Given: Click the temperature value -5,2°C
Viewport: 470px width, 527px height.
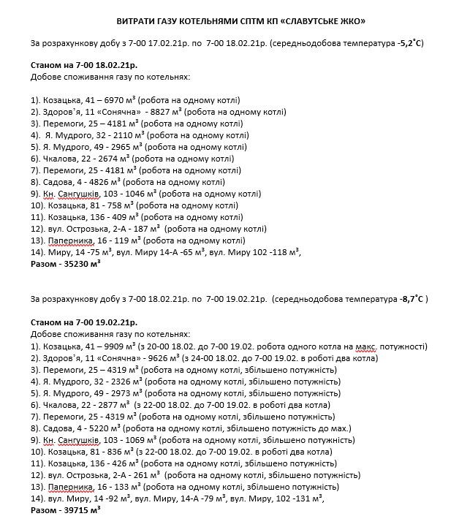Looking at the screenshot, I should pyautogui.click(x=410, y=44).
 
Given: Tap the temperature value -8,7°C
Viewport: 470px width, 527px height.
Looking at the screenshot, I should pyautogui.click(x=414, y=300).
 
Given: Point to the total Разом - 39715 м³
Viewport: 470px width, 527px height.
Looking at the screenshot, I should pyautogui.click(x=65, y=511).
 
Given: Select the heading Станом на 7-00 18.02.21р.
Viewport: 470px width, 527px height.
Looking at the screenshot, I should pyautogui.click(x=85, y=65).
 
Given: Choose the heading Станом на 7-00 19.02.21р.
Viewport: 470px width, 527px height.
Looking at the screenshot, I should pyautogui.click(x=85, y=322).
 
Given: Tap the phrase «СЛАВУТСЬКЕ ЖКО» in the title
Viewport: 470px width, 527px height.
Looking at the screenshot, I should pyautogui.click(x=330, y=22).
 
